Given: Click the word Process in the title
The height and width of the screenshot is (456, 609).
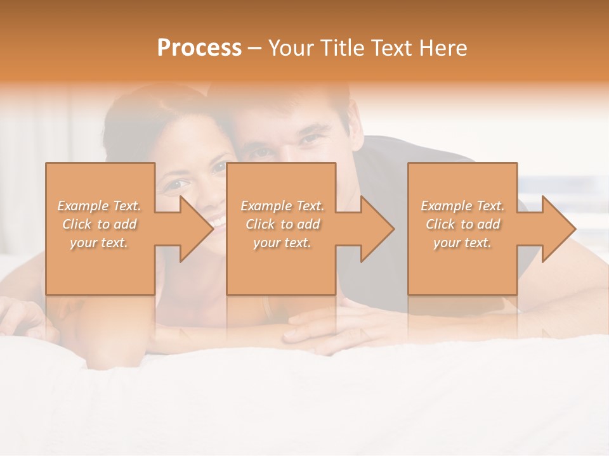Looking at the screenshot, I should [199, 47].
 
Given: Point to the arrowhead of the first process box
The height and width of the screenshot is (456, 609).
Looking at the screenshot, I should [196, 229].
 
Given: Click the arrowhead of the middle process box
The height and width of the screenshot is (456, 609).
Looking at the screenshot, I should [377, 229].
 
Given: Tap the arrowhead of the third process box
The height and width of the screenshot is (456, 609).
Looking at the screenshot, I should [558, 229].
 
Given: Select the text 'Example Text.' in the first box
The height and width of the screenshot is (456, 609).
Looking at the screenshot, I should [100, 206].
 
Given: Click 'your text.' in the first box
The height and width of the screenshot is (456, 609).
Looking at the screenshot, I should [100, 243].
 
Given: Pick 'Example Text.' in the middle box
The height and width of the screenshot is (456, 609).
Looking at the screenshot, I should [282, 206].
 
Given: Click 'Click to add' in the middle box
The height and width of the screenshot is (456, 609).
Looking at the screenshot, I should [282, 224].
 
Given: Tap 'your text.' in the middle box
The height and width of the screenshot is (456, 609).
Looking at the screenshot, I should [282, 243].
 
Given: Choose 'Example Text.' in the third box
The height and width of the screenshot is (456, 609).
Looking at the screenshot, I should [462, 206].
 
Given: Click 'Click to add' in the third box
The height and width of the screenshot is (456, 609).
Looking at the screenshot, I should [462, 224].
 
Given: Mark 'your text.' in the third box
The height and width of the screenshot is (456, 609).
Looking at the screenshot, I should [462, 243].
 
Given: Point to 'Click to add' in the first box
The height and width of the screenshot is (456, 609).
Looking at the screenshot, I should [100, 224].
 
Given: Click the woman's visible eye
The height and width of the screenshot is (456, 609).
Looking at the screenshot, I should [179, 184].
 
